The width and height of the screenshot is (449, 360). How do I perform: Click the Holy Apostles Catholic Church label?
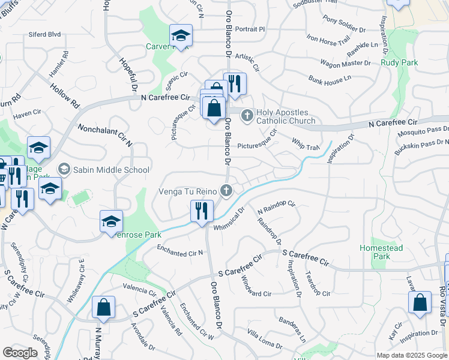point(286,117)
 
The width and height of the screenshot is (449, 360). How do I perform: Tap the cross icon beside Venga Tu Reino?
point(226,191)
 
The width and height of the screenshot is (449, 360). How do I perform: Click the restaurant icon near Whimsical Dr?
point(201,211)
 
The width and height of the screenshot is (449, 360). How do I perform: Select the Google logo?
point(20,353)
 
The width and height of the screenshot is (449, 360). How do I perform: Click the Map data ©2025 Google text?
point(412,355)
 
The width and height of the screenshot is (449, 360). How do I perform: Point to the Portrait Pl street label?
point(250,29)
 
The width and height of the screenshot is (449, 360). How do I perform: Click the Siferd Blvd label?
point(44,35)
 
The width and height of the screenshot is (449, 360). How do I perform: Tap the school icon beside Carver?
point(180,35)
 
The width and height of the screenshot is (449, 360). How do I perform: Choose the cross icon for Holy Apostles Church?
point(246,114)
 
